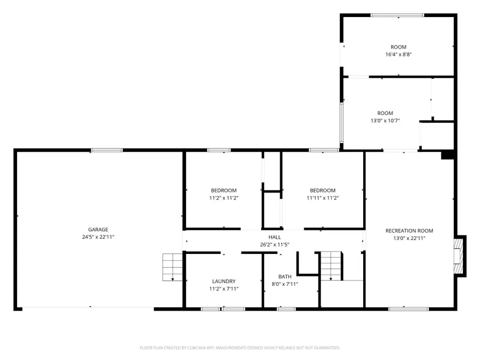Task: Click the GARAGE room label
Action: click(98, 229)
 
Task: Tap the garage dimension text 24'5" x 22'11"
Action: click(98, 237)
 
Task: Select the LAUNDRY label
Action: click(224, 281)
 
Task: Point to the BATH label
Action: click(285, 276)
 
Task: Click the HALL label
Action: click(275, 237)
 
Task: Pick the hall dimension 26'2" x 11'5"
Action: click(275, 244)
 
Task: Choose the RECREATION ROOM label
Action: click(409, 230)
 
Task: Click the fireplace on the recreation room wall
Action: click(460, 256)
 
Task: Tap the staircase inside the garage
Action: click(172, 267)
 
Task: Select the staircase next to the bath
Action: click(331, 266)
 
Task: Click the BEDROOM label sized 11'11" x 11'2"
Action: click(323, 190)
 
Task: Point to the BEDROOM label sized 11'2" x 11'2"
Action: click(224, 190)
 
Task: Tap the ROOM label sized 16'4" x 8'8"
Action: click(398, 47)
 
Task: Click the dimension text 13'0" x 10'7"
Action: click(385, 121)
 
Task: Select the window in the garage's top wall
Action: click(107, 150)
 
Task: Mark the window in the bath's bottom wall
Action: click(286, 309)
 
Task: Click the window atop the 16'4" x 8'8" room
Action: click(397, 15)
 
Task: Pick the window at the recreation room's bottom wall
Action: click(409, 309)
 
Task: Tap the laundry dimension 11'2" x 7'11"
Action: click(224, 289)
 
